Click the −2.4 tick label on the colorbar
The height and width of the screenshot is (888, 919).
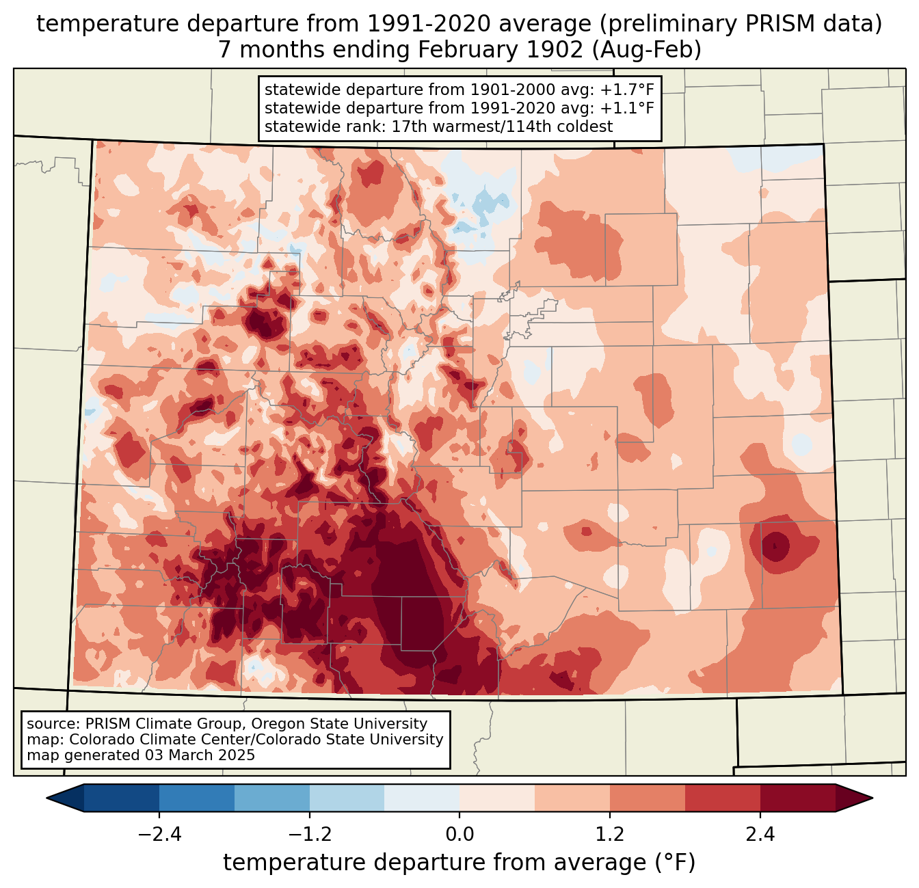[x=159, y=835]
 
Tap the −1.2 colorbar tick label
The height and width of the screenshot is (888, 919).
[x=309, y=835]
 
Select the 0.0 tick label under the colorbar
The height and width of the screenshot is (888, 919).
[x=459, y=835]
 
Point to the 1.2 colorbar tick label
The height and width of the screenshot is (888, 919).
[x=610, y=835]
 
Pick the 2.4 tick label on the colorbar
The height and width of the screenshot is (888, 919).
[x=760, y=835]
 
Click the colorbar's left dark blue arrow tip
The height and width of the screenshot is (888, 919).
[x=49, y=798]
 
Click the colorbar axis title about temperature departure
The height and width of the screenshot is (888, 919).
[x=459, y=863]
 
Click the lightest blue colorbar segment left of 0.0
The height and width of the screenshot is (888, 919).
[x=422, y=798]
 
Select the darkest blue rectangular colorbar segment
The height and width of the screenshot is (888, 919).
[x=122, y=798]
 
